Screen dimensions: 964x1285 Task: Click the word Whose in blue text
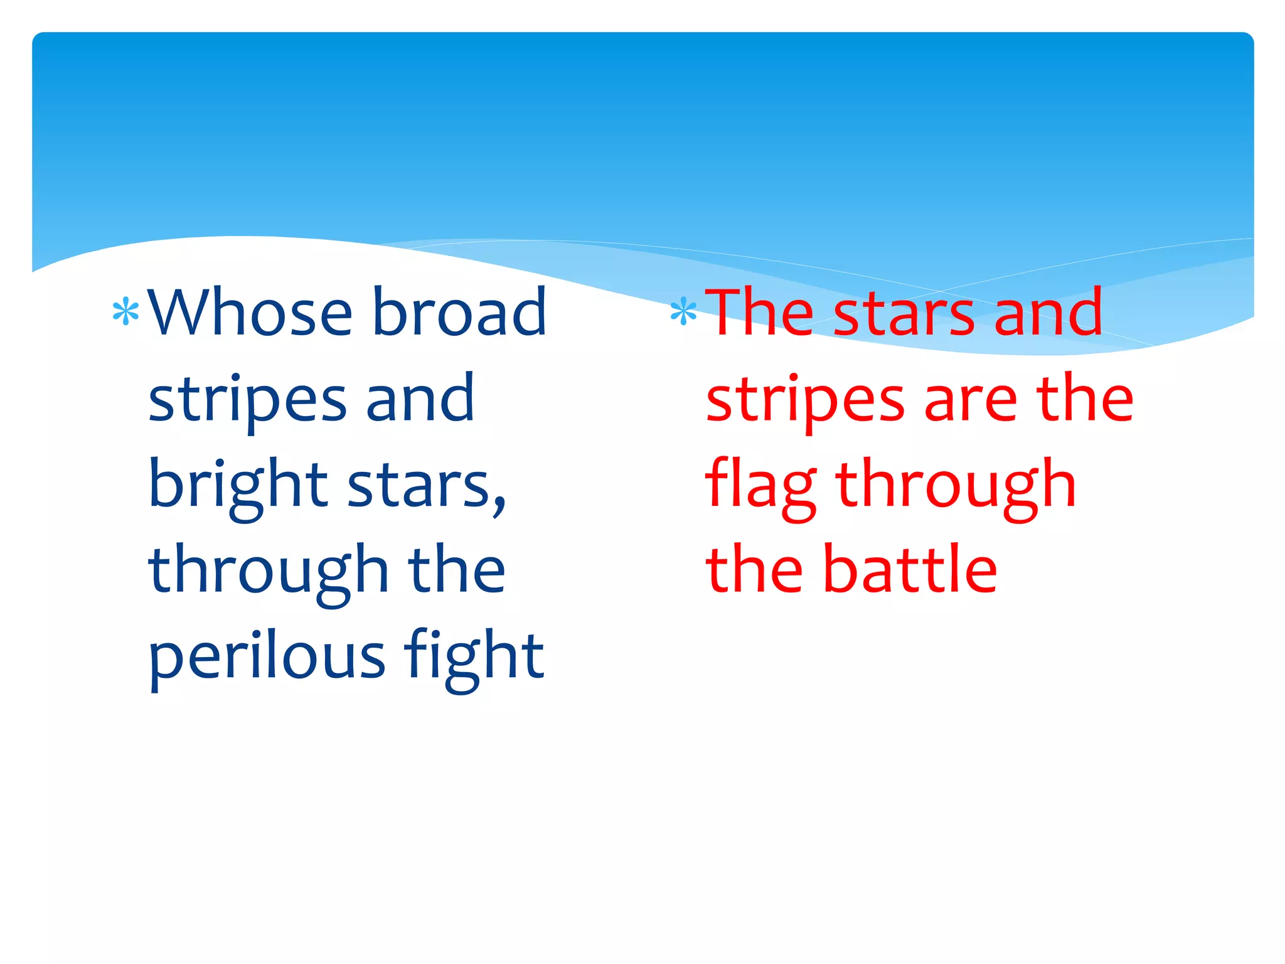pos(250,312)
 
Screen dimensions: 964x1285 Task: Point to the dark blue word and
pos(420,399)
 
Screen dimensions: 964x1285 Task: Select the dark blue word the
pos(456,570)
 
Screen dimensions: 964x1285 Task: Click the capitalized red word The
pos(760,312)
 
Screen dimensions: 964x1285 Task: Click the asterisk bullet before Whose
pos(125,313)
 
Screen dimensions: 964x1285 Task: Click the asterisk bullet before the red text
pos(683,313)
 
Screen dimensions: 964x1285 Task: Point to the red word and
pos(1048,312)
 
